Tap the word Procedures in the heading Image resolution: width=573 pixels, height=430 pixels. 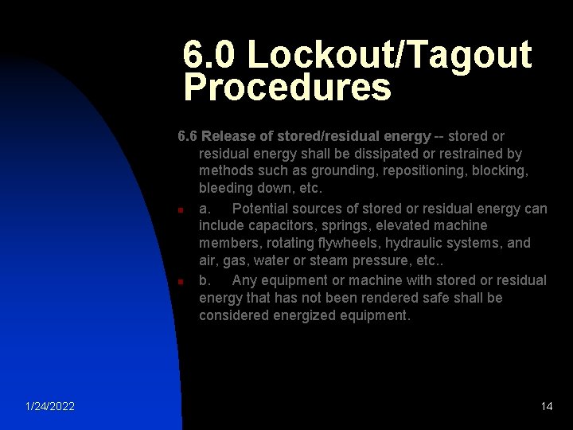coord(287,88)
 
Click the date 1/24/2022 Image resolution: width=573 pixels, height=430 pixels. coord(50,406)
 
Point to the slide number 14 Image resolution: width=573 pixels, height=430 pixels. coord(546,406)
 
